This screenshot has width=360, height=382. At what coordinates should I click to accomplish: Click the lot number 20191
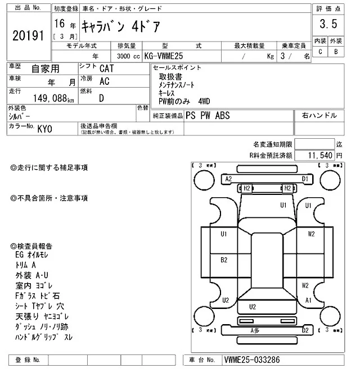pyautogui.click(x=28, y=35)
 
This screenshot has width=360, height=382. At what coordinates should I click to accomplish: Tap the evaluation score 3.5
pyautogui.click(x=328, y=24)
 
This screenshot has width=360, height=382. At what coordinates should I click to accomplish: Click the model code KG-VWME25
pyautogui.click(x=167, y=57)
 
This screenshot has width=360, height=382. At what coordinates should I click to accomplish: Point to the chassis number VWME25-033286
pyautogui.click(x=252, y=359)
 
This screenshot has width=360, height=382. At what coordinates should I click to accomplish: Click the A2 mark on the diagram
pyautogui.click(x=228, y=179)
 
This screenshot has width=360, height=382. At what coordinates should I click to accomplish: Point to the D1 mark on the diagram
pyautogui.click(x=305, y=179)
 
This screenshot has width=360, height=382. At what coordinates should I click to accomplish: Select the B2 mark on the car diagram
pyautogui.click(x=224, y=260)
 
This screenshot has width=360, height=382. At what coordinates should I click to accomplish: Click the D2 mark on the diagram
pyautogui.click(x=305, y=331)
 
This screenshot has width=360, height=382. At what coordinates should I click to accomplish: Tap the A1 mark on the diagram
pyautogui.click(x=308, y=301)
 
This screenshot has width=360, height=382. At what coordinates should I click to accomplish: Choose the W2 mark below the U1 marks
pyautogui.click(x=311, y=234)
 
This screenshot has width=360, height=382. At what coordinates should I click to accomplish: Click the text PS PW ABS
pyautogui.click(x=208, y=115)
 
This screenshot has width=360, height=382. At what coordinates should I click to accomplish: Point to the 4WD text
pyautogui.click(x=204, y=101)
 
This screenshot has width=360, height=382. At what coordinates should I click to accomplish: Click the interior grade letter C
pyautogui.click(x=320, y=52)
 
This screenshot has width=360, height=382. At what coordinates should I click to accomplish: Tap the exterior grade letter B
pyautogui.click(x=336, y=52)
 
